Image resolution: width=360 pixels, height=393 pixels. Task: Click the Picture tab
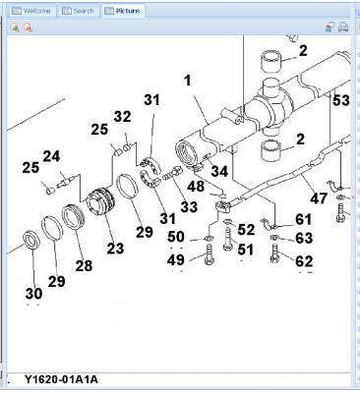[x=122, y=11]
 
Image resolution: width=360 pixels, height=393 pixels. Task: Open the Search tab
[x=79, y=11]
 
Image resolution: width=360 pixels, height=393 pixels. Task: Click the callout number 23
[x=115, y=249]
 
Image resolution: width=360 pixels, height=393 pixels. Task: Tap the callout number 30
[x=33, y=294]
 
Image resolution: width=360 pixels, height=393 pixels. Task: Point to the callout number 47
[x=319, y=197]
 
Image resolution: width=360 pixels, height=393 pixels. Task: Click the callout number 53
[x=341, y=100]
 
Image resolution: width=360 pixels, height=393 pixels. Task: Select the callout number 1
[x=187, y=81]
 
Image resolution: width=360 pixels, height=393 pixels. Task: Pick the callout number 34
[x=219, y=171]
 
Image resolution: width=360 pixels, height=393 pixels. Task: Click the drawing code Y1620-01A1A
[x=61, y=379]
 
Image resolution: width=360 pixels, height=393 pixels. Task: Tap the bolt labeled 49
[x=210, y=254]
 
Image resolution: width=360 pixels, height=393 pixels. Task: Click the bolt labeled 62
[x=274, y=253]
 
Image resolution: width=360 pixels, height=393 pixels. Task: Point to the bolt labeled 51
[x=228, y=240]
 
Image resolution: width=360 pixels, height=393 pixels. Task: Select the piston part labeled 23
[x=100, y=202]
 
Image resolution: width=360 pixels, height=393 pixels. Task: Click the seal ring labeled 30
[x=31, y=240]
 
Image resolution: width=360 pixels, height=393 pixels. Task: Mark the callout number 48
[x=196, y=187]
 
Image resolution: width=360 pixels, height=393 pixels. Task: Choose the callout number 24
[x=51, y=156]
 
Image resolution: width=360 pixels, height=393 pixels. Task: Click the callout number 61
[x=303, y=219]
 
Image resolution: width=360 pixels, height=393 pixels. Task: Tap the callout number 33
[x=189, y=206]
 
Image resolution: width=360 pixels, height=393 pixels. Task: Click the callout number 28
[x=84, y=265]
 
